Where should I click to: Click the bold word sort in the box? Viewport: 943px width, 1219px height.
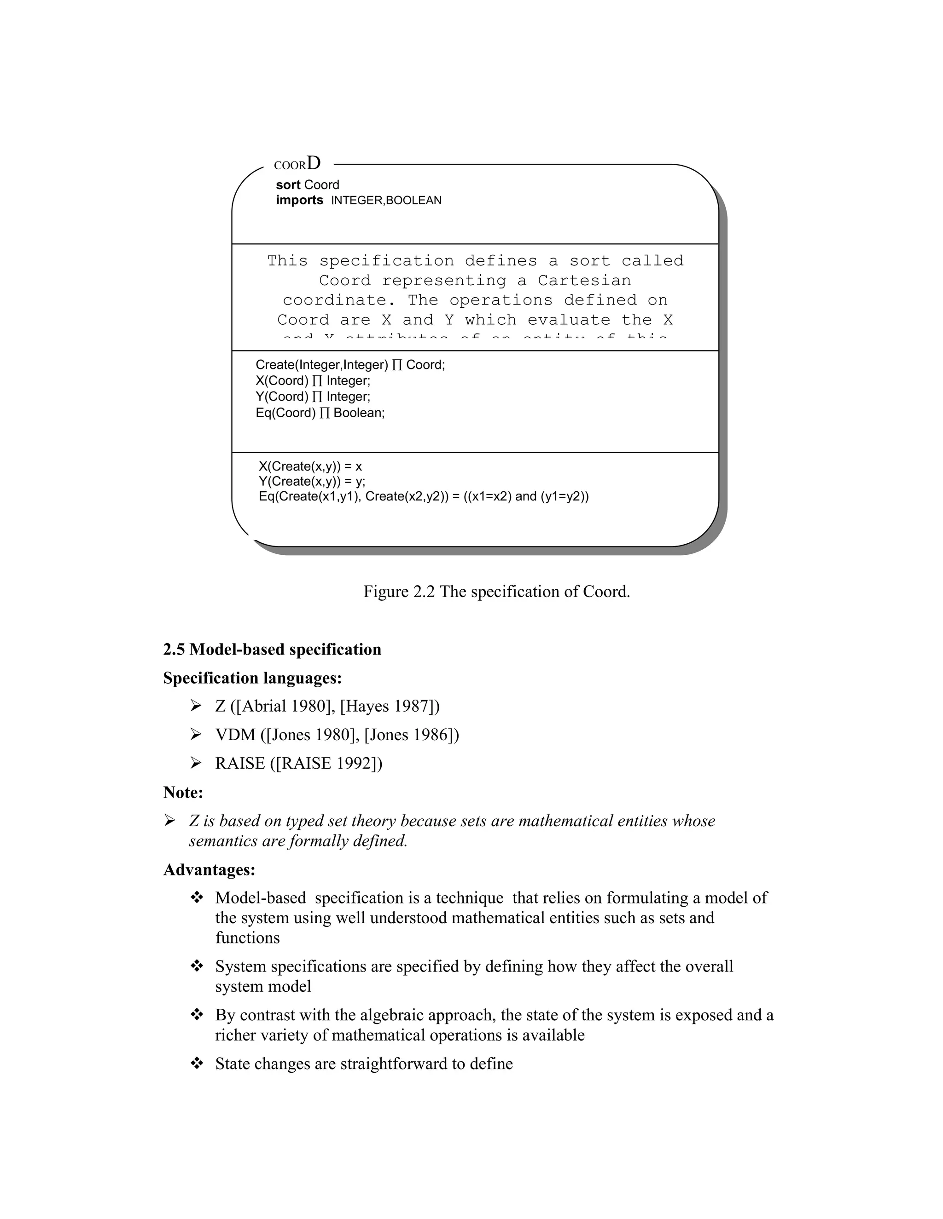[x=288, y=185]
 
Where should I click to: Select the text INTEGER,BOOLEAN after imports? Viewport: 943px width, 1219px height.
[x=386, y=201]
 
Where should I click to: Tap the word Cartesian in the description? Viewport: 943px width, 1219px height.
[x=584, y=280]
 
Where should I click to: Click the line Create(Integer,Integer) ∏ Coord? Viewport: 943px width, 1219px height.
[x=350, y=365]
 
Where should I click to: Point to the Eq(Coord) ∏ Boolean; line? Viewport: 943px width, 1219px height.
[x=320, y=413]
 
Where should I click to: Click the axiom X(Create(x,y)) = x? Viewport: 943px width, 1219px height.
[x=310, y=466]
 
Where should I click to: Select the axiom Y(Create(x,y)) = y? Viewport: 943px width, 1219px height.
[x=312, y=481]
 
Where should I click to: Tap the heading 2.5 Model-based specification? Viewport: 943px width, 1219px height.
[x=272, y=649]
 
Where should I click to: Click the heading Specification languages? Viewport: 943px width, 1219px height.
[x=252, y=678]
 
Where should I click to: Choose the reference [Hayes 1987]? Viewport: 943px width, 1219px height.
[x=388, y=706]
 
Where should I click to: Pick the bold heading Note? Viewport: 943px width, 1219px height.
[x=183, y=792]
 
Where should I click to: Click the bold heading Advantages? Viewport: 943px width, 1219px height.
[x=209, y=869]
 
